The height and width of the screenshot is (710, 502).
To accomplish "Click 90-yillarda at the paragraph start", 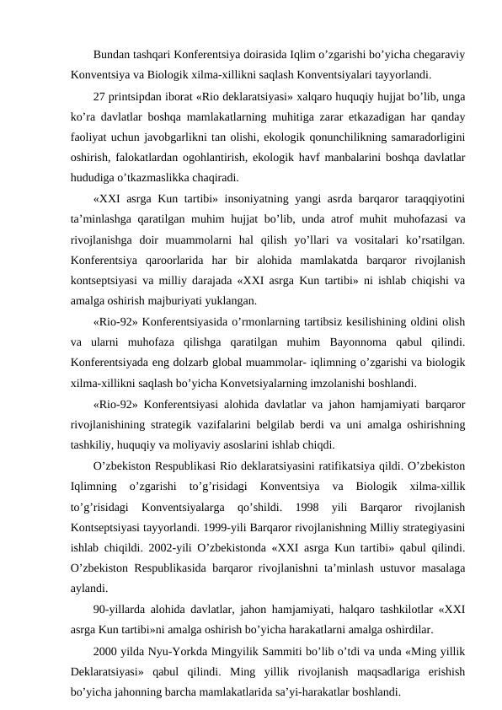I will click(120, 608).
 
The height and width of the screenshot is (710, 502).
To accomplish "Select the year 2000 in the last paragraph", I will click(105, 649).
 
